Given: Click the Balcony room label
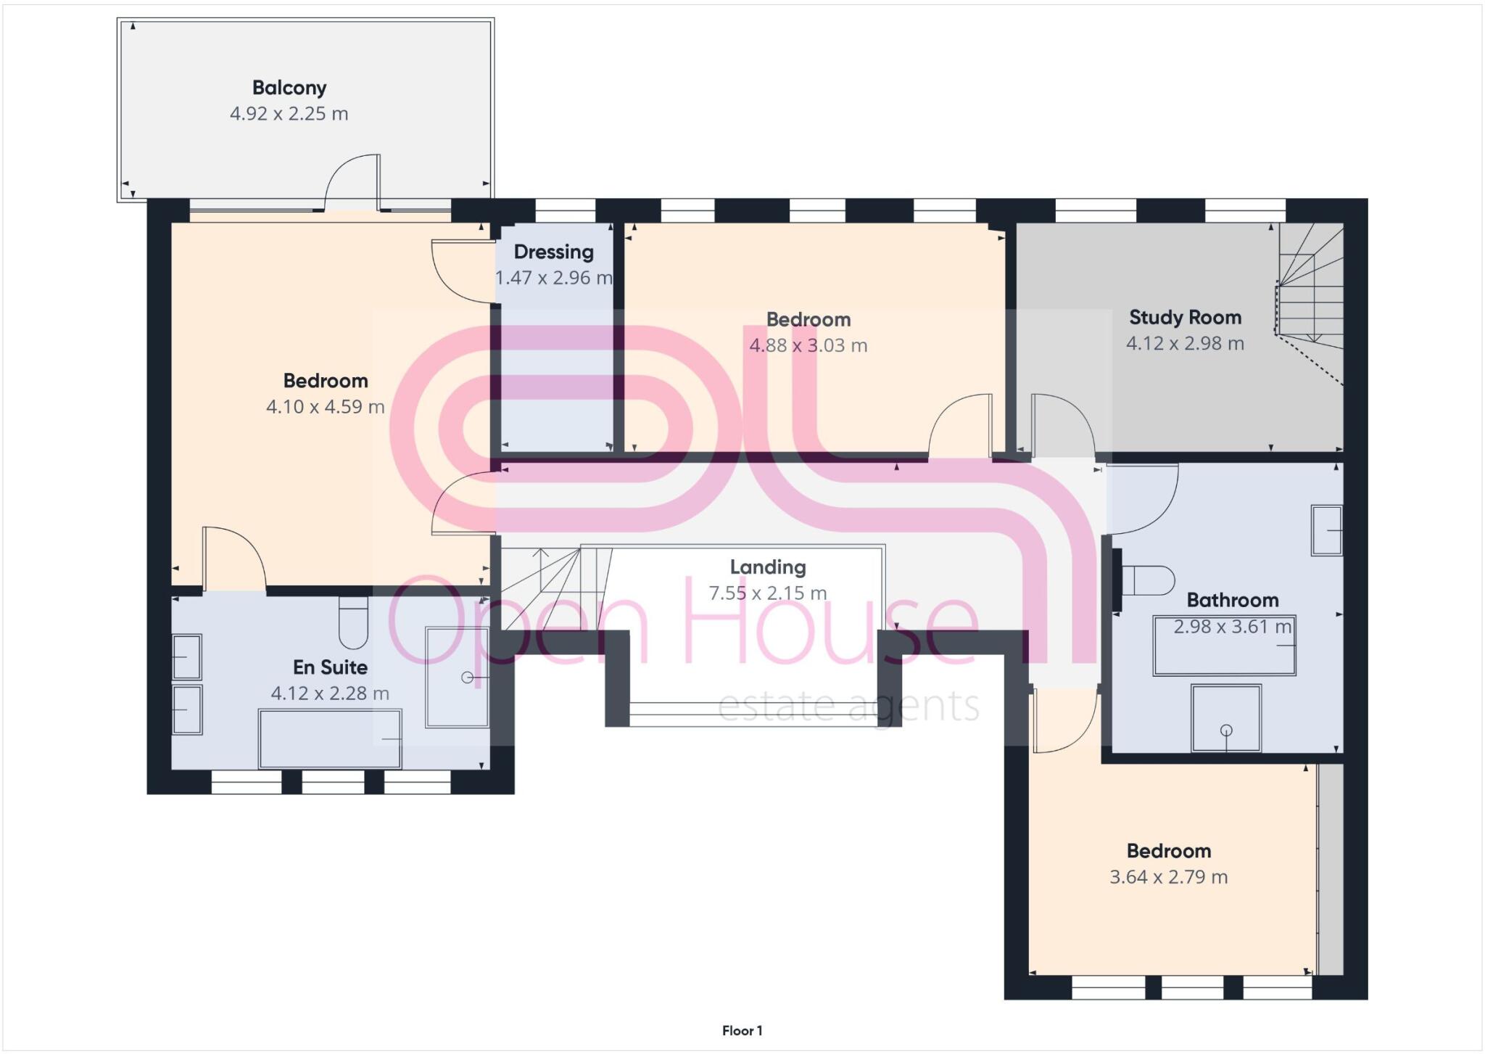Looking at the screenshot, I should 289,88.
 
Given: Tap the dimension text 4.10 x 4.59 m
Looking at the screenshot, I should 325,407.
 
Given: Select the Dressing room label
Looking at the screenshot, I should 553,252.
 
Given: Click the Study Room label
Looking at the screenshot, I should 1185,318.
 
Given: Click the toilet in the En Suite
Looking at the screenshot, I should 353,622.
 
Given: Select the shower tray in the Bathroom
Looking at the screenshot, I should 1226,718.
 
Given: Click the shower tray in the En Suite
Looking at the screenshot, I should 457,677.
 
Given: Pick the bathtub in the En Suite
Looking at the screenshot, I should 330,738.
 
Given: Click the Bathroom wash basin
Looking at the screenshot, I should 1326,530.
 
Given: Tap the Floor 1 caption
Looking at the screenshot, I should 742,1031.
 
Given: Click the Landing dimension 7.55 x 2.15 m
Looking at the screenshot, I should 767,593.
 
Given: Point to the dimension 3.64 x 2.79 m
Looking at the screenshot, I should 1168,877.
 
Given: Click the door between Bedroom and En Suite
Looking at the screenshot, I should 233,559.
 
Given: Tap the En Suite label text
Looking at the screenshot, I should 330,667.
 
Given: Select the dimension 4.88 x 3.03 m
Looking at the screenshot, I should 808,345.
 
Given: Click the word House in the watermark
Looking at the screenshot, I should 830,624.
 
